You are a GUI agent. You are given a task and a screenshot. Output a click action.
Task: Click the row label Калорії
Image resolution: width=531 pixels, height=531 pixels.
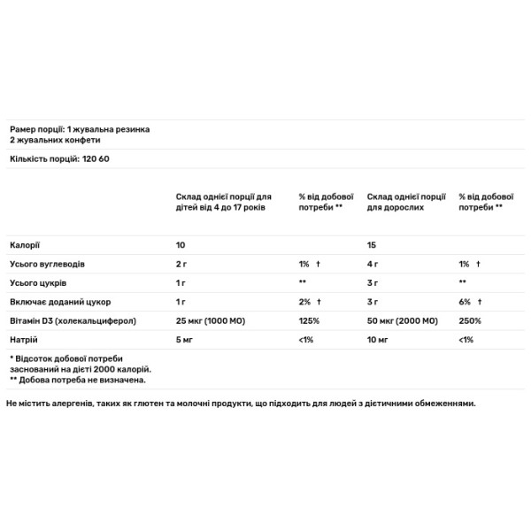pos(25,243)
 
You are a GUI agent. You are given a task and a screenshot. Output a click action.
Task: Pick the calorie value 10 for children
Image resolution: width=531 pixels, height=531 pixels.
pos(181,243)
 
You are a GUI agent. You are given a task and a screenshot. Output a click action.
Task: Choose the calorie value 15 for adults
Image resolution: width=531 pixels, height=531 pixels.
pos(373,243)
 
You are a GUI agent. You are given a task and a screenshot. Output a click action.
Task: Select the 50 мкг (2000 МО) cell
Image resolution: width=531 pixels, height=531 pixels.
pos(404,320)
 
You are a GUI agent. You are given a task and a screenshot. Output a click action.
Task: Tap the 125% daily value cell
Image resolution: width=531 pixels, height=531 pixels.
pos(308,320)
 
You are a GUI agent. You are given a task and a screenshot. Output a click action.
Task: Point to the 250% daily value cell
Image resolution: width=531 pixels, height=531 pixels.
pos(469,320)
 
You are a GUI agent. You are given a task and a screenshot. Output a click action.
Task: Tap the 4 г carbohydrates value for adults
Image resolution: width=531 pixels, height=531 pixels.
pos(373,263)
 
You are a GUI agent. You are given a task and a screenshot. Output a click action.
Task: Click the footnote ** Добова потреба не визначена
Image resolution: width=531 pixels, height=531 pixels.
pos(76,380)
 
